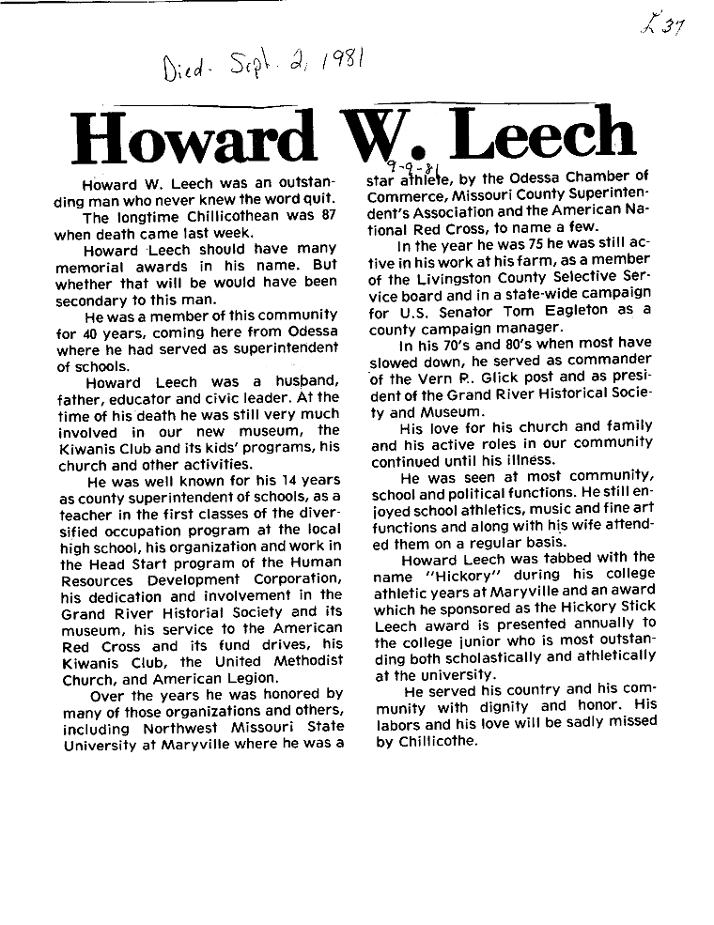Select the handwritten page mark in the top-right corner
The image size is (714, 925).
click(x=662, y=25)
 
